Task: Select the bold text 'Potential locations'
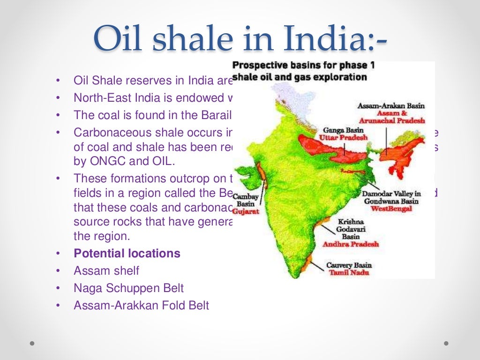[127, 254]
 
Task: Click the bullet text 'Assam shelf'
[106, 271]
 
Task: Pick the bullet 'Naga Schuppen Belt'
[129, 288]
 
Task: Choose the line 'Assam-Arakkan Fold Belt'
[141, 306]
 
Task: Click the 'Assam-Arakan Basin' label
[390, 106]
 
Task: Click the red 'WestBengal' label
[391, 209]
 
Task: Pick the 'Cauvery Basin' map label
[349, 265]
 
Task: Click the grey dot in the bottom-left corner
[32, 343]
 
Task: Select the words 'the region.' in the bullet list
[100, 236]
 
